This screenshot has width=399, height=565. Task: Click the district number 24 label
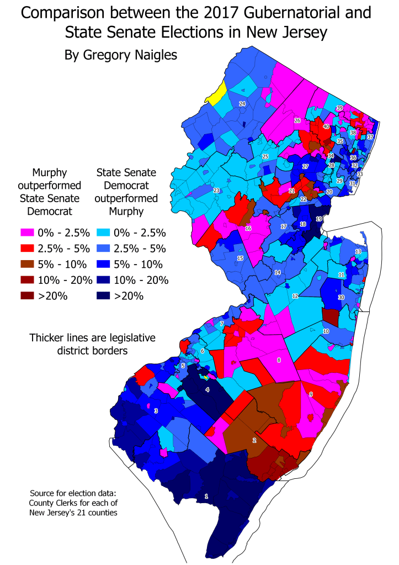242,104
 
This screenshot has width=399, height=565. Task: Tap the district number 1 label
206,497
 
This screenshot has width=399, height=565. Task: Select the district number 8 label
279,360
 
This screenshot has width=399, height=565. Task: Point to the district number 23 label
217,191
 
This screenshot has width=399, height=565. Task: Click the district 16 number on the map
248,228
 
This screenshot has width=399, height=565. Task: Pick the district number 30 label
341,297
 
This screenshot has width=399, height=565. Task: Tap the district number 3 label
156,410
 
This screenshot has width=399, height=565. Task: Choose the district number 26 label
297,120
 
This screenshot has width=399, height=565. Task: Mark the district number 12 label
295,296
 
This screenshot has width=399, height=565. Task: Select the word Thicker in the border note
50,337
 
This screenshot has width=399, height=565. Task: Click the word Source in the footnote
45,492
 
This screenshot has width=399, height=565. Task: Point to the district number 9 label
311,394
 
